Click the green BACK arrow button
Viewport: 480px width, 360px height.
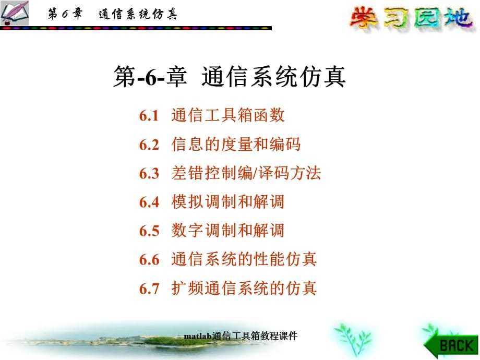point(451,345)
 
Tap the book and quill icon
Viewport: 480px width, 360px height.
point(15,13)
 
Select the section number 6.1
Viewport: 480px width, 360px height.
point(149,116)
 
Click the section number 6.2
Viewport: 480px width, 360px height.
point(149,145)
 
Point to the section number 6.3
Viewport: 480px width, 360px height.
point(149,173)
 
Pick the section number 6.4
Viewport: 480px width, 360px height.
point(149,202)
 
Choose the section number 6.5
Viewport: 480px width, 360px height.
point(149,231)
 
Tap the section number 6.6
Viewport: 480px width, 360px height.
point(149,260)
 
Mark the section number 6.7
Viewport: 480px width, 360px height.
point(149,289)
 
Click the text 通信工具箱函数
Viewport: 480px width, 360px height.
point(228,115)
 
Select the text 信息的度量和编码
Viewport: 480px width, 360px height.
point(236,144)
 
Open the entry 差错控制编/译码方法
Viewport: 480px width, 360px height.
point(246,173)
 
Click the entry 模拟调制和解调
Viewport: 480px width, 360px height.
point(228,202)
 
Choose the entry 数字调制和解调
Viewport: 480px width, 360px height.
point(228,231)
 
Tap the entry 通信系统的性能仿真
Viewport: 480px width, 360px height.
point(244,259)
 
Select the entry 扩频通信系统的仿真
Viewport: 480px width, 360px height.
point(244,288)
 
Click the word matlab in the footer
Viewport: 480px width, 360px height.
point(198,336)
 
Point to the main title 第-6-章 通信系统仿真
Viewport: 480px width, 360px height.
point(230,77)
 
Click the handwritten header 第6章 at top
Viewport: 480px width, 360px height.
point(65,14)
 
